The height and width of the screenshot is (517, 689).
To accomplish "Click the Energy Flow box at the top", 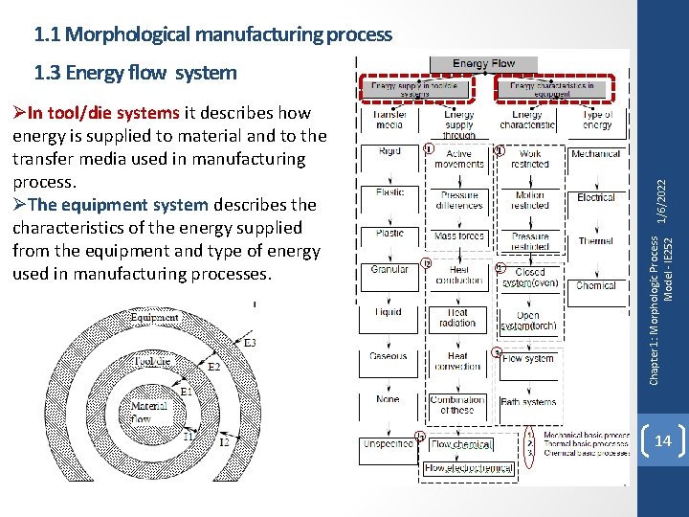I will [483, 63].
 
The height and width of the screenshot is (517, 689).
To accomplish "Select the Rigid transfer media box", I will [389, 151].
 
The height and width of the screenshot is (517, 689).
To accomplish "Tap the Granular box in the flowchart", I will [389, 270].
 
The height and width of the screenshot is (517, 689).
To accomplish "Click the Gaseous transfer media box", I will [389, 356].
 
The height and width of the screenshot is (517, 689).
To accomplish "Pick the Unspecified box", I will [389, 443].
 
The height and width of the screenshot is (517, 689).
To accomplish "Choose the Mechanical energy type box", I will [595, 153].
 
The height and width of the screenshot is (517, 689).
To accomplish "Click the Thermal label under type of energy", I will [595, 241].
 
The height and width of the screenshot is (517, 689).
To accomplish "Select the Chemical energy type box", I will [595, 285].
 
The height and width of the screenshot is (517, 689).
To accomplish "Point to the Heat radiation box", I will [457, 318].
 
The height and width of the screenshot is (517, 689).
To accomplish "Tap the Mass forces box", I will [458, 236].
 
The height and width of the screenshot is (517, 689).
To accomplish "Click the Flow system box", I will [528, 359].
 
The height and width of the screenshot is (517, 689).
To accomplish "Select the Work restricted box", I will [529, 158].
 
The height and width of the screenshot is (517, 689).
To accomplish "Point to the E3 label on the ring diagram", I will [250, 342].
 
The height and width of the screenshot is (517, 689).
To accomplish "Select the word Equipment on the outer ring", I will [154, 318].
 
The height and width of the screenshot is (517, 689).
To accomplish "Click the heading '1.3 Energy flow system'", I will [135, 72].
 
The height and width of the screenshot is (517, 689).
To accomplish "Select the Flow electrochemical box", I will [469, 468].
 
